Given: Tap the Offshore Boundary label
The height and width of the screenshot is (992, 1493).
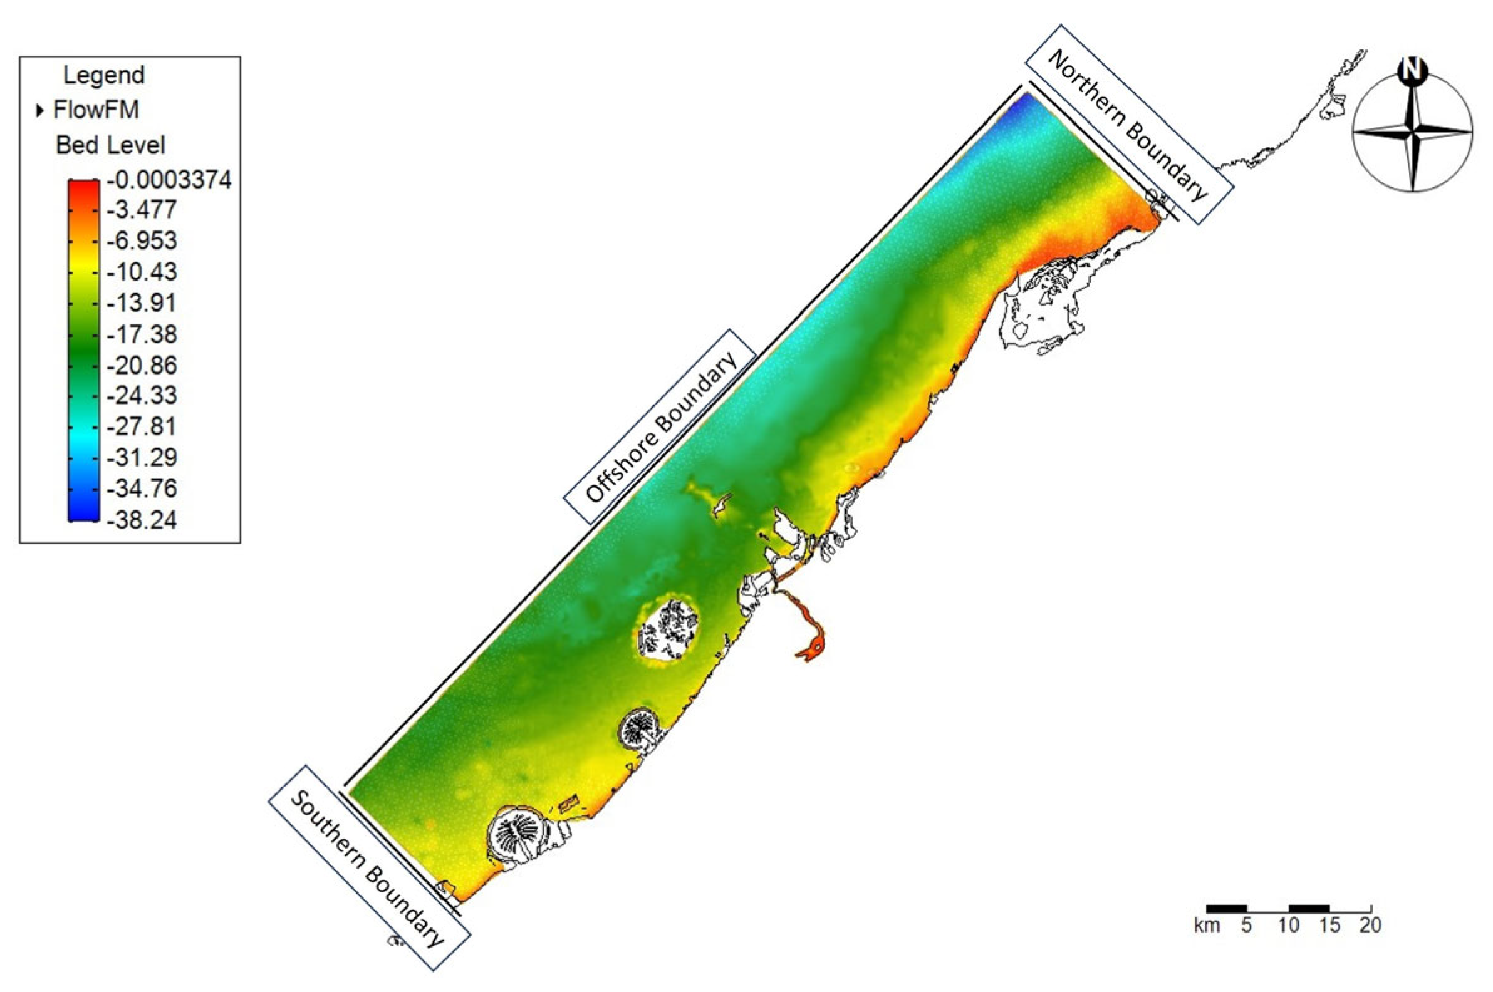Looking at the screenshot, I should [x=660, y=427].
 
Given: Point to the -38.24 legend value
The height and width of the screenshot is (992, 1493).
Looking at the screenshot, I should [x=142, y=520].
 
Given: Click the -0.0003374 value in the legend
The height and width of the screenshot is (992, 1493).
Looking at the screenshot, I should [x=169, y=180].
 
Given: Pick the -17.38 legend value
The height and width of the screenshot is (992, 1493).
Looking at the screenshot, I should [x=142, y=334].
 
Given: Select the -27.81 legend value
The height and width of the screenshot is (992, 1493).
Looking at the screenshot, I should [x=142, y=426].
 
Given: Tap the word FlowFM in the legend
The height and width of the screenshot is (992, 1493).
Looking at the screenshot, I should [x=96, y=110].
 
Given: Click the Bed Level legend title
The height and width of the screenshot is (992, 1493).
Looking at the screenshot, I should [x=110, y=145].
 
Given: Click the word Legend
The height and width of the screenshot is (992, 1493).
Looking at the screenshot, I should [x=105, y=75].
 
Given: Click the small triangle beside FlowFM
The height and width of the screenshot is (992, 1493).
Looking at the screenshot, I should [x=41, y=111].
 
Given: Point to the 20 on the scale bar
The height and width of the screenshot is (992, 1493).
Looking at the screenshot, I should [x=1370, y=926].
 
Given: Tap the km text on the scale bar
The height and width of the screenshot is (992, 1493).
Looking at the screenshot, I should [x=1207, y=926].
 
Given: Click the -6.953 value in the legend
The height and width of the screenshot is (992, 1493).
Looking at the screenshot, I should [x=142, y=241].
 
